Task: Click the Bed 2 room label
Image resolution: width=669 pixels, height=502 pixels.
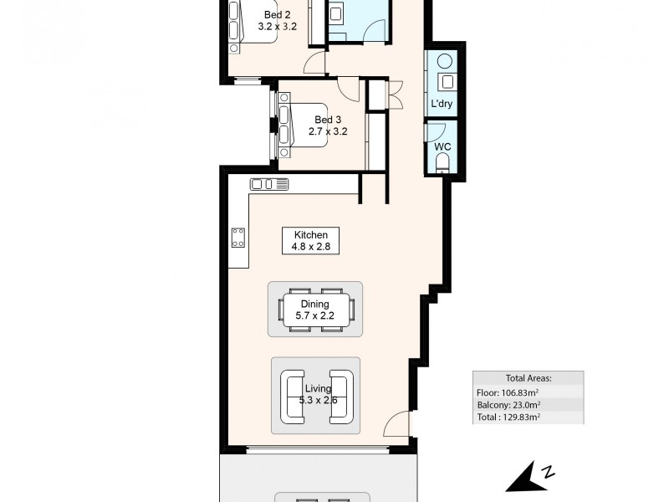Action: pyautogui.click(x=278, y=15)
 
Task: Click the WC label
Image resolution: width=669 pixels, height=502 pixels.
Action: pyautogui.click(x=442, y=146)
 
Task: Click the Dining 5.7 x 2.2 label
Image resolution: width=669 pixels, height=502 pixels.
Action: pyautogui.click(x=315, y=310)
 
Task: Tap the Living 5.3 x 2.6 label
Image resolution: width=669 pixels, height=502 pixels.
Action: pyautogui.click(x=318, y=394)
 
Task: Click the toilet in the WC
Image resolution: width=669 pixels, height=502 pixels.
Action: pyautogui.click(x=444, y=163)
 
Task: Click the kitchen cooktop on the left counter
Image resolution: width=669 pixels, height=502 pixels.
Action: pyautogui.click(x=238, y=238)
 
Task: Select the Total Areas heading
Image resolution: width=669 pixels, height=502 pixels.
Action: pyautogui.click(x=529, y=378)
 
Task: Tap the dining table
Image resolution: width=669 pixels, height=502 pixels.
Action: pyautogui.click(x=315, y=310)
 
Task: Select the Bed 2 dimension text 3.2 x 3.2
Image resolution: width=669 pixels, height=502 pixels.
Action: pyautogui.click(x=278, y=26)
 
